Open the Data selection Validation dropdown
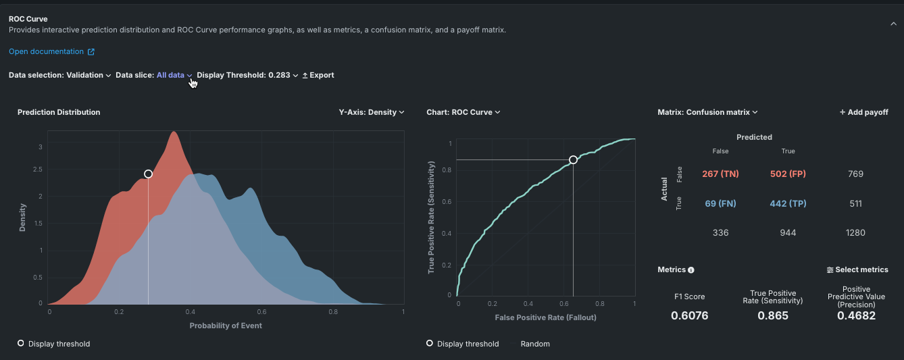(89, 75)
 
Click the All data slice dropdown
(174, 75)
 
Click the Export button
(318, 75)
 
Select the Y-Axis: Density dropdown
(372, 112)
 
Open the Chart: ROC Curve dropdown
(463, 112)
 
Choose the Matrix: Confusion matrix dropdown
(707, 112)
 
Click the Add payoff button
(863, 112)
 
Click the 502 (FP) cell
(788, 174)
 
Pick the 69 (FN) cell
(720, 203)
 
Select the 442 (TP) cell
(788, 203)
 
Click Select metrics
(857, 269)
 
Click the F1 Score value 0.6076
(689, 315)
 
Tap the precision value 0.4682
(856, 315)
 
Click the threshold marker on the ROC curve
(573, 160)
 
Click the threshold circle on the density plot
(149, 174)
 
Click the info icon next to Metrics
(691, 270)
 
